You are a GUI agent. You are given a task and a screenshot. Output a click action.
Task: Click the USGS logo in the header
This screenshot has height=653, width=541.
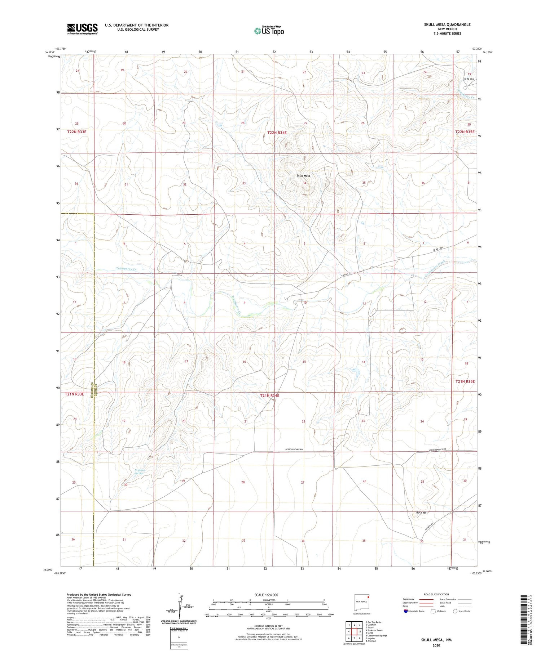click(x=82, y=29)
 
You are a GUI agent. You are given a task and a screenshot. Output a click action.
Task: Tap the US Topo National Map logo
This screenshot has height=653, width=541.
click(x=269, y=31)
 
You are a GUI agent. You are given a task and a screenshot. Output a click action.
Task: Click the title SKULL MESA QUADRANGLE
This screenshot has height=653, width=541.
click(x=447, y=24)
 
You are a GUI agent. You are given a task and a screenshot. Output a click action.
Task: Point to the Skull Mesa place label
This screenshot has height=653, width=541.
click(x=303, y=176)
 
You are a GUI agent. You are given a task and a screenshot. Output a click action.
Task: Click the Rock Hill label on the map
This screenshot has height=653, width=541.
click(x=421, y=513)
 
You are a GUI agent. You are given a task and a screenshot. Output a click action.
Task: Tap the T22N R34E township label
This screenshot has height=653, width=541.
click(x=277, y=133)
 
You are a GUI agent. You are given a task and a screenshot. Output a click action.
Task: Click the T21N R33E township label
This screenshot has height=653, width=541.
click(x=74, y=394)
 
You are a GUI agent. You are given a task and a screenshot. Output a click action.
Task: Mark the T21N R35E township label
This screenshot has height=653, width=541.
click(x=465, y=381)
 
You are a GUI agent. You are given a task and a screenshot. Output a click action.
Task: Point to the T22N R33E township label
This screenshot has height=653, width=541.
click(x=77, y=132)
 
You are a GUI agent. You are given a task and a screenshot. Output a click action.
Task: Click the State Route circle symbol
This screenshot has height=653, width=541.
click(x=455, y=611)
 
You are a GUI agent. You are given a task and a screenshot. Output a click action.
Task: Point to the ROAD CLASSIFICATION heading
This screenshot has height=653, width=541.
click(x=436, y=594)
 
